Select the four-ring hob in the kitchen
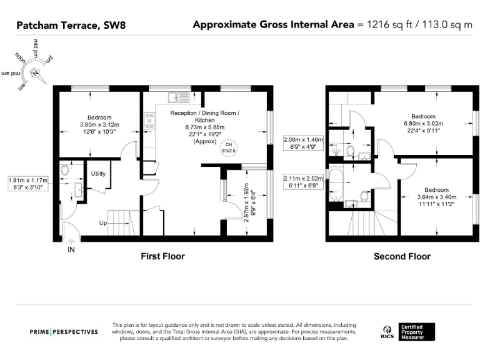coord(149,121)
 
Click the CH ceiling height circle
coord(229,149)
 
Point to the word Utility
coord(98,173)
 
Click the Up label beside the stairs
coord(104,222)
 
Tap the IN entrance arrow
coord(71,246)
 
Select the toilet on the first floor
coord(65,169)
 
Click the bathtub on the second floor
coord(335,186)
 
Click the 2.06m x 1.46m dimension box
coord(304,144)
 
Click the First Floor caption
coord(162,256)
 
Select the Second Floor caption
coord(402,256)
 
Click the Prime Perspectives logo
coord(64,331)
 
